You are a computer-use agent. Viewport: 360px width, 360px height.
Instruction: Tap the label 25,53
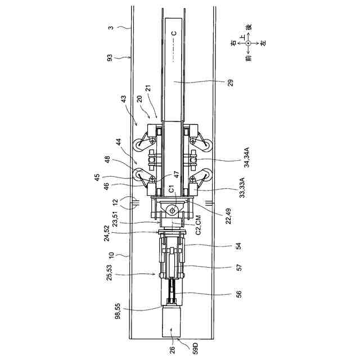coord(110,272)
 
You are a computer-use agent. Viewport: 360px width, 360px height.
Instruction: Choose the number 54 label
coord(238,246)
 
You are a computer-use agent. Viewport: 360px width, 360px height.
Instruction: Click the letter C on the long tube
coord(174,33)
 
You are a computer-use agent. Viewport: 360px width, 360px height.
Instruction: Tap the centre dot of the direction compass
coord(248,43)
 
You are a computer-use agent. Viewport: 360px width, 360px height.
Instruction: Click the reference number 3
coord(110,27)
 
